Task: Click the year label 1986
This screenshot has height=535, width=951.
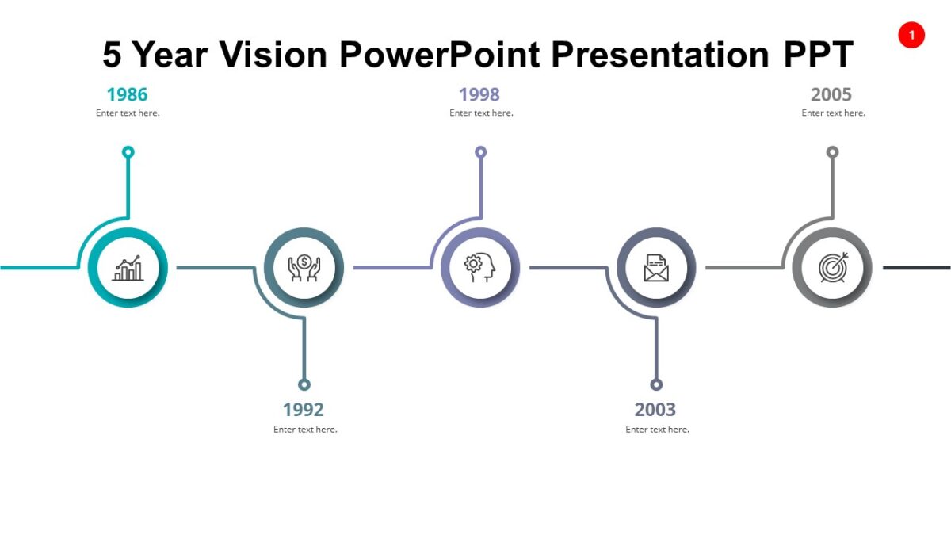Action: (x=127, y=95)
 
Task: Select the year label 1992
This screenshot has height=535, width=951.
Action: (x=304, y=410)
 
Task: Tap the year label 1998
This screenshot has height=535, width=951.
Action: (x=479, y=95)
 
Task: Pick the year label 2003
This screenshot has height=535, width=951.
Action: (x=655, y=410)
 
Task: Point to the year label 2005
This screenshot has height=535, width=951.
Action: (x=831, y=95)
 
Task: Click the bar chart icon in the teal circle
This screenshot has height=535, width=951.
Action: (x=128, y=268)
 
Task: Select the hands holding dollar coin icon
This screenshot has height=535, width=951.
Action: (x=304, y=268)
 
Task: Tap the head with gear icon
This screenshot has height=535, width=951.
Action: (x=479, y=268)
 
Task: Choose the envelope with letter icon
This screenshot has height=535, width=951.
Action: (x=656, y=268)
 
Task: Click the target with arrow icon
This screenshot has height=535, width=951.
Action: (x=832, y=268)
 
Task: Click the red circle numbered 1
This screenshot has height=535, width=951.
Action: (x=911, y=35)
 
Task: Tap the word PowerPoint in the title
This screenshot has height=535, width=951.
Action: (x=440, y=55)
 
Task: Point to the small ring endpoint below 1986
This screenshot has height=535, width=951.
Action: (x=128, y=152)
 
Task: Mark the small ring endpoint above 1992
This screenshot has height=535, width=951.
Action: (x=304, y=384)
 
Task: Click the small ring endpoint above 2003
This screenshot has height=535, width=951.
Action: (x=656, y=384)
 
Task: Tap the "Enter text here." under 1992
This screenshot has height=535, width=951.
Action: (x=305, y=430)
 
